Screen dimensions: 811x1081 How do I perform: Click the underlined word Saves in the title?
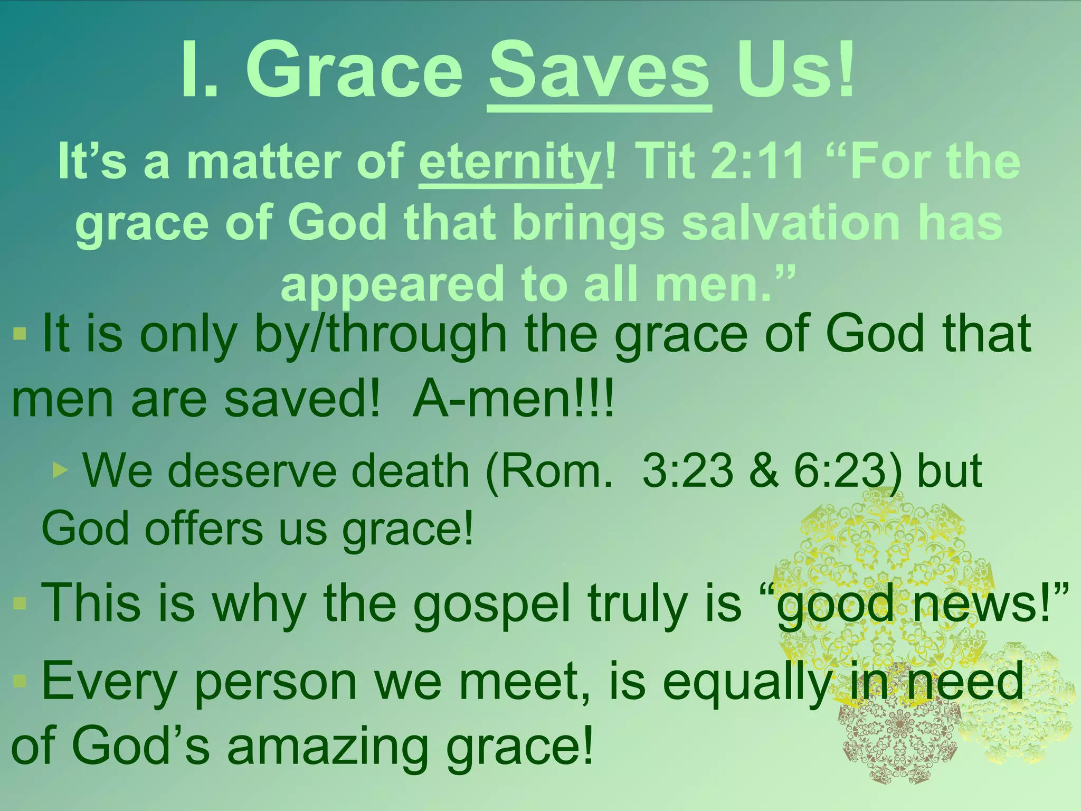(x=599, y=71)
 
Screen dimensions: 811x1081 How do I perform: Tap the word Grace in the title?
(x=354, y=71)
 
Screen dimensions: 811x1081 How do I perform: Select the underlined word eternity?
(x=510, y=163)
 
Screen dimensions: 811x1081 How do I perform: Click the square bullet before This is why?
(x=20, y=603)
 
